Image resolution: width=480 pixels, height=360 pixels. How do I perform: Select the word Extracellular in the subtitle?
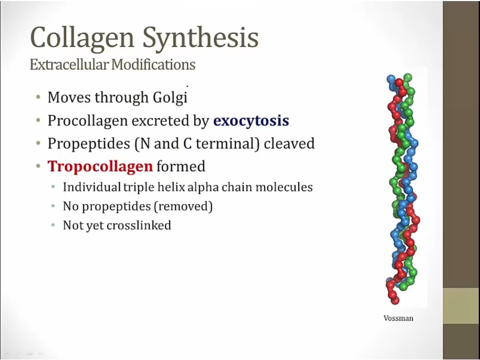pos(69,65)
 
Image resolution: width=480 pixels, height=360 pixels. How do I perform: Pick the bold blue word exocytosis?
pos(251,121)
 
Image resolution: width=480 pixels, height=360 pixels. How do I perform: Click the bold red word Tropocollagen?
pos(100,167)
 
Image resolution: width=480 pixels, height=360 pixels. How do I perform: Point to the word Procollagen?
pos(87,121)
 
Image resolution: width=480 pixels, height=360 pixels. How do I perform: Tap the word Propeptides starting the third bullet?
pos(89,144)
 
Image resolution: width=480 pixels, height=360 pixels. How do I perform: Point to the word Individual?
pos(92,187)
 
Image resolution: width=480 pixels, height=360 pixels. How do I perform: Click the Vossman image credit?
pos(398,318)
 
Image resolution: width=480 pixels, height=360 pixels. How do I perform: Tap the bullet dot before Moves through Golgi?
pos(38,98)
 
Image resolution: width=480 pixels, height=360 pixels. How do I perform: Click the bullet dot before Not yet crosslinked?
pos(53,225)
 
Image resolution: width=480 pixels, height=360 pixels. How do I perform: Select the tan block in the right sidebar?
pos(461,306)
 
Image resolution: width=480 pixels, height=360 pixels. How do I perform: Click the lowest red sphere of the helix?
pos(395,301)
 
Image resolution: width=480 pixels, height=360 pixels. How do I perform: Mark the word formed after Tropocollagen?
pos(181,167)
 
